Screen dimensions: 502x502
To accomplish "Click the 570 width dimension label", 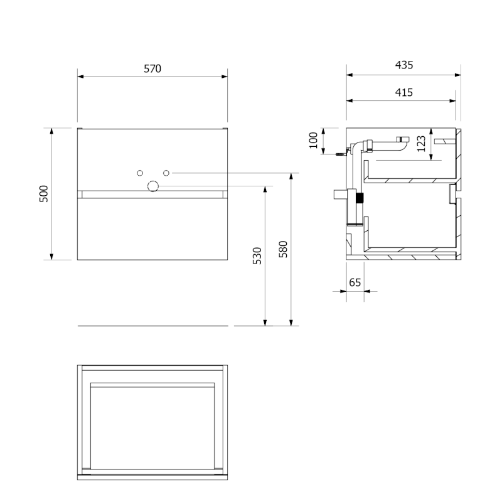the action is pyautogui.click(x=152, y=68).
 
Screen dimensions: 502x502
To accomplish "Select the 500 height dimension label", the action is pyautogui.click(x=43, y=194).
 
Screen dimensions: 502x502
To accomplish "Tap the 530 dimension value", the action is pyautogui.click(x=257, y=255).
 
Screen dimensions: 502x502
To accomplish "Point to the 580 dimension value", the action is pyautogui.click(x=283, y=249).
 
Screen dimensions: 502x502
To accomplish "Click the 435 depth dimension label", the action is pyautogui.click(x=404, y=65).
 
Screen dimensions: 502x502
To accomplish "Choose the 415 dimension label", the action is pyautogui.click(x=404, y=92).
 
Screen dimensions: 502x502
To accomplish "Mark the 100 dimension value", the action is pyautogui.click(x=313, y=140).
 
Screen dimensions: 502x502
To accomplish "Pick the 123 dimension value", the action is pyautogui.click(x=421, y=144).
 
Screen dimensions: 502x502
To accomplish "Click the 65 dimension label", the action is pyautogui.click(x=355, y=282).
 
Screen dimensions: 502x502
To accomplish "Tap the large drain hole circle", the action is pyautogui.click(x=153, y=186).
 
